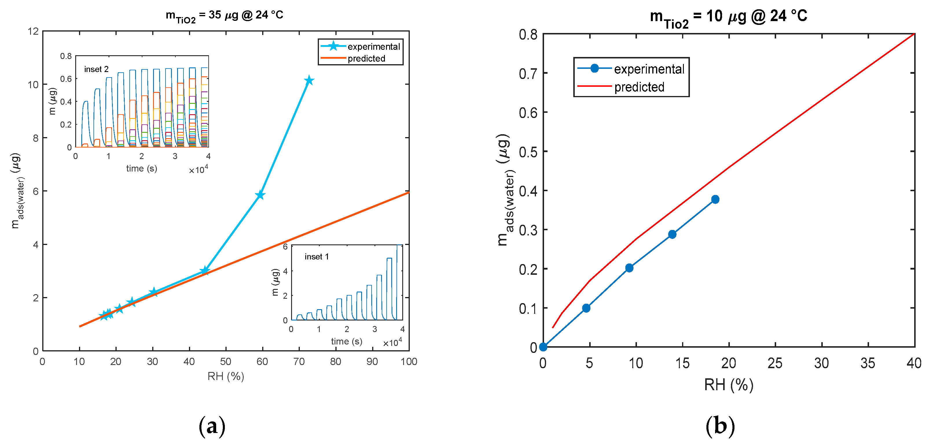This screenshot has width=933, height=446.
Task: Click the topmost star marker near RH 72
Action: point(309,80)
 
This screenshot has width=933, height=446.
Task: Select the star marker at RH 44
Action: point(205,270)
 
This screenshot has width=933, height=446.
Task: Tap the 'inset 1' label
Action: point(317,257)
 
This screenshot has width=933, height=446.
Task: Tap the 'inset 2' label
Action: point(96,69)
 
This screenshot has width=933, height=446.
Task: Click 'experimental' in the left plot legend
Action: point(373,47)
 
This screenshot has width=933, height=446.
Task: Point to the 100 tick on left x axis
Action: point(409,361)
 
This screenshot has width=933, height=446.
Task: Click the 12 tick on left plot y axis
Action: point(33,32)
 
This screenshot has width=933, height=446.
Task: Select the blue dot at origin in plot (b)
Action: point(543,347)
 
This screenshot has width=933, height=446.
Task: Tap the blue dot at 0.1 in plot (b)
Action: point(586,308)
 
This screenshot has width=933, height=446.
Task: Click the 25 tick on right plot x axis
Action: point(775,363)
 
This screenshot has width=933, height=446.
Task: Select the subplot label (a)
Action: point(212,426)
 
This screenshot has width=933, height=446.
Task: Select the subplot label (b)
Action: point(720,426)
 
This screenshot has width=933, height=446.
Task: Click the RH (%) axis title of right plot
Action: point(728,384)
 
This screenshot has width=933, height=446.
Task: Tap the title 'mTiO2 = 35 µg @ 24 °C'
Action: point(225,16)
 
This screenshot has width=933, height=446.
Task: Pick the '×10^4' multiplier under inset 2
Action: point(199,169)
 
